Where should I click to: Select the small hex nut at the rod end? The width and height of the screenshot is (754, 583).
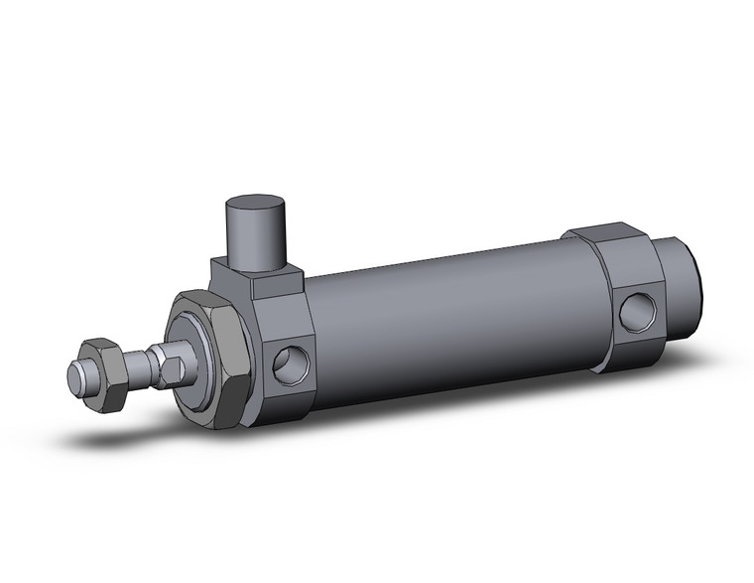pos(102,374)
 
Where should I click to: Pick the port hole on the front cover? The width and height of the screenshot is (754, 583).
pos(289,363)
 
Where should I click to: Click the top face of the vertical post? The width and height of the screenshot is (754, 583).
pos(256,210)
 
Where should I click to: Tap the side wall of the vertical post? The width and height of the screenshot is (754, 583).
pos(257,243)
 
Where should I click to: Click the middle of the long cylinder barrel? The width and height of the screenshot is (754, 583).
pos(446,318)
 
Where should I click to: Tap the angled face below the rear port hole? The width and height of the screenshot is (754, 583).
pos(635,354)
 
